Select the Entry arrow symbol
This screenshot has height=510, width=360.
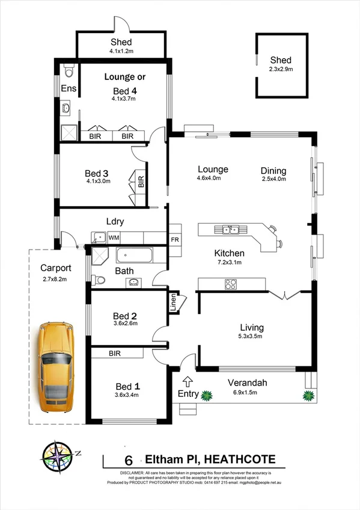point(188,381)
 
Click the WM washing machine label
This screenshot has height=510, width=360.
point(114,238)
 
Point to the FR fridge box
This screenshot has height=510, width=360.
point(175,239)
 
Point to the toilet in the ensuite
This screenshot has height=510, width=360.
point(69,72)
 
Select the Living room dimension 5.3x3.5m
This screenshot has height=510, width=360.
point(251,337)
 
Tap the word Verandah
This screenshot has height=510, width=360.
point(247,382)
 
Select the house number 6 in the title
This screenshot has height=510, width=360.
point(127,460)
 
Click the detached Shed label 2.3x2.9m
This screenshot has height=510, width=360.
point(281,69)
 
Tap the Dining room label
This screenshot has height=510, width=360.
point(273,170)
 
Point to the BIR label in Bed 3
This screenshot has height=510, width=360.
point(141,182)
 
